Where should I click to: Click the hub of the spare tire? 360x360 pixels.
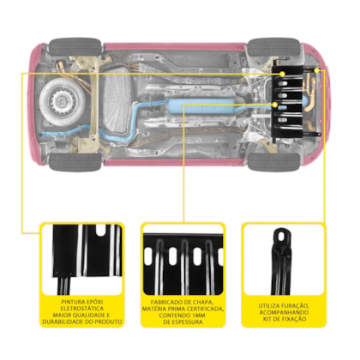click(x=61, y=101)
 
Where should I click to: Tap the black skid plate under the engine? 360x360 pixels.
click(x=288, y=102)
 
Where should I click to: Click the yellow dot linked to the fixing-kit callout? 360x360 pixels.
click(x=316, y=70)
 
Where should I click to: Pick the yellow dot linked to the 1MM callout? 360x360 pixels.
click(x=275, y=105)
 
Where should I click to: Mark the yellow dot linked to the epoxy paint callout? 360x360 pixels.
click(x=282, y=74)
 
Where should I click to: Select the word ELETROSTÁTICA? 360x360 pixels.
click(x=82, y=309)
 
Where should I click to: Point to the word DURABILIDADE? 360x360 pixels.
click(x=60, y=321)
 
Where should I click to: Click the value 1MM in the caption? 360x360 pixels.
click(x=198, y=315)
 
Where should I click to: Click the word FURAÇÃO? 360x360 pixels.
click(x=294, y=306)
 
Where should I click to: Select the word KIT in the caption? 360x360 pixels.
click(x=268, y=319)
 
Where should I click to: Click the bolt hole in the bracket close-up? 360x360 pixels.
click(x=282, y=236)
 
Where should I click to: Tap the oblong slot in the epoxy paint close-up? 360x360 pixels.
click(x=101, y=231)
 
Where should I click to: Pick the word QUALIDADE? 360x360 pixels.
click(x=87, y=315)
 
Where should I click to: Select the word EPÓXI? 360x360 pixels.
click(x=94, y=302)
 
